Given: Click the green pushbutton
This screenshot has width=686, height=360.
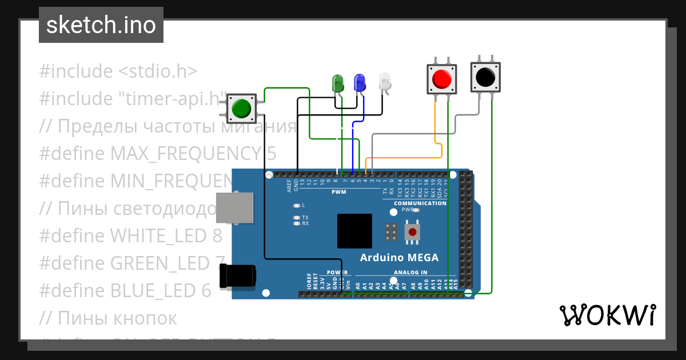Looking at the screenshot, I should (x=241, y=108).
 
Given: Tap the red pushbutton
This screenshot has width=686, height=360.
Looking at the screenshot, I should (x=441, y=79).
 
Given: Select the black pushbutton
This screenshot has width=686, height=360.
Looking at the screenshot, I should (x=485, y=77).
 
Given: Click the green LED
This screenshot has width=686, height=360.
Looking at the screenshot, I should (x=338, y=83).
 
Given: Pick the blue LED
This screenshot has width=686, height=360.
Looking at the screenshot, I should (x=360, y=83).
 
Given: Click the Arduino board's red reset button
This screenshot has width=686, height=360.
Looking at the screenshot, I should (x=412, y=231).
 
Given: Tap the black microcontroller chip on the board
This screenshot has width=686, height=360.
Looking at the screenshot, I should (x=354, y=231).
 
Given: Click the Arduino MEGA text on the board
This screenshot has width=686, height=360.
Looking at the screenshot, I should (x=399, y=258).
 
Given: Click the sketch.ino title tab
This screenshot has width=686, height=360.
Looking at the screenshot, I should (x=101, y=25).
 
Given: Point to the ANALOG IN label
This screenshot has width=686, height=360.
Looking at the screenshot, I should (x=410, y=273).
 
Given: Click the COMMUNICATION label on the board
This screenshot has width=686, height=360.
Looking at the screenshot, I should (x=420, y=203).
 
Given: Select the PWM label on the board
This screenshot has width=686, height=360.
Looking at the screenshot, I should (x=339, y=192).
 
